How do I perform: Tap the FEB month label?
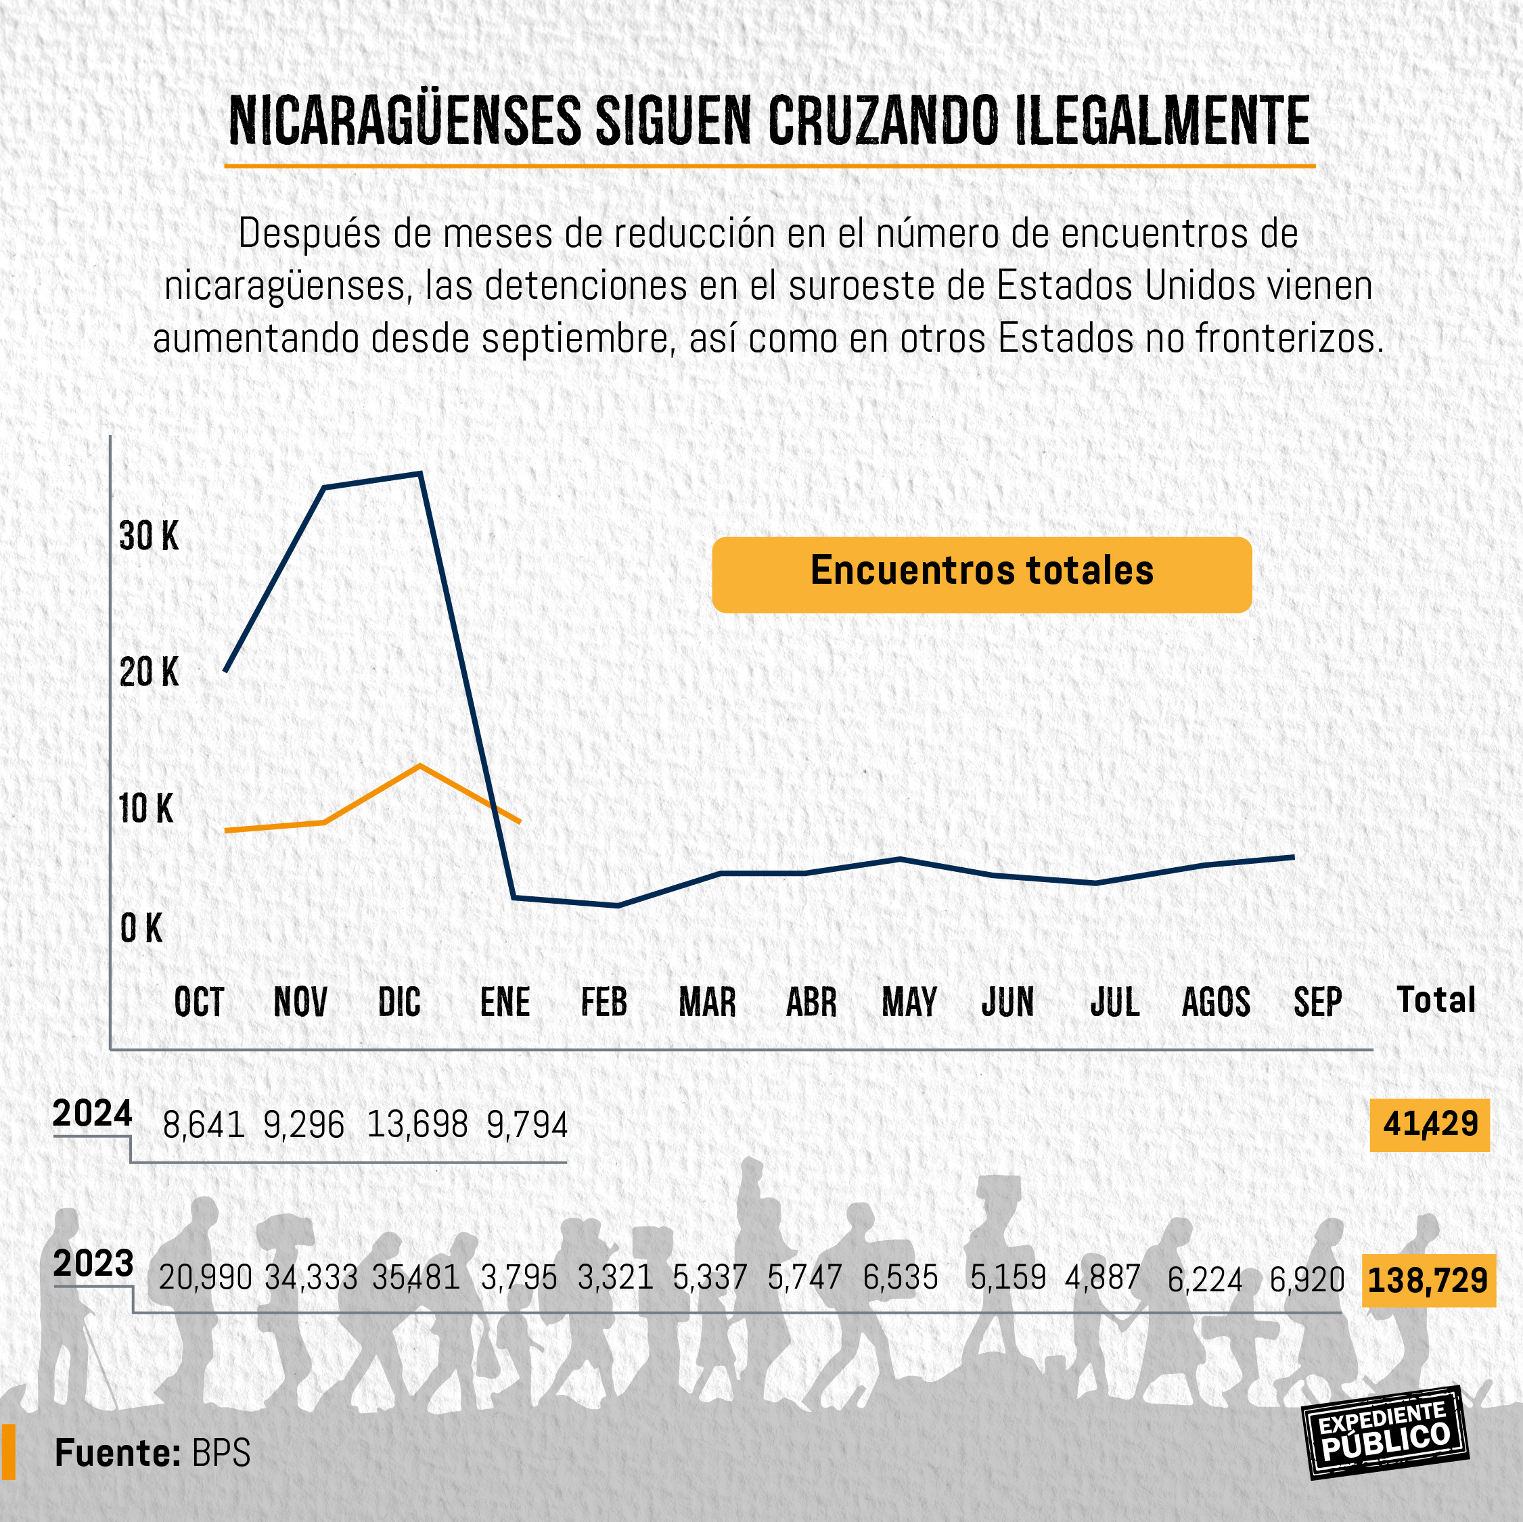604,1002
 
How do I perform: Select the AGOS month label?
1216,1002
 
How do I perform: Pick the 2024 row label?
92,1113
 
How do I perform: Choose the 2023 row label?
93,1264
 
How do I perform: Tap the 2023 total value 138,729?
1428,1280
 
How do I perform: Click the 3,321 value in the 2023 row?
615,1278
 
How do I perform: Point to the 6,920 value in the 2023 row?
1306,1280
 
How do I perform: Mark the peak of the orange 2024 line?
420,765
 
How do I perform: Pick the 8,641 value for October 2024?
204,1125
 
